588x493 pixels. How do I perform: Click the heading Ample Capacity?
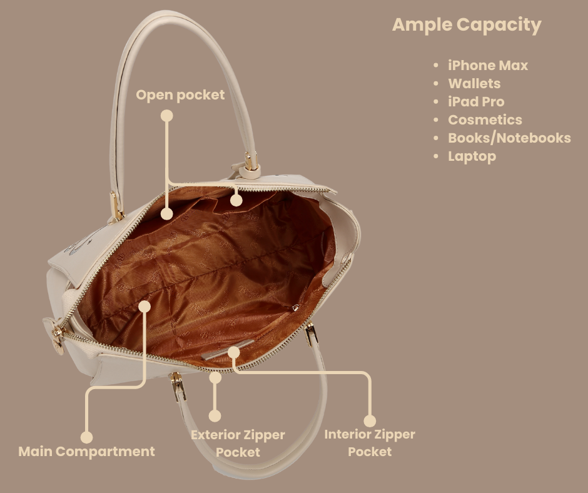tap(466, 25)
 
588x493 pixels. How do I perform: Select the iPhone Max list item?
tap(487, 65)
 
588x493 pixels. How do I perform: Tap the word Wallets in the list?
tap(474, 83)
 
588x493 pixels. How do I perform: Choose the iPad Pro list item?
tap(475, 101)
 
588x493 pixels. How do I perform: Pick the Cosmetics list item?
tap(484, 119)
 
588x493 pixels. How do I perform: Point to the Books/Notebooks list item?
tap(509, 138)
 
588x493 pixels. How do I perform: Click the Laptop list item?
tap(471, 156)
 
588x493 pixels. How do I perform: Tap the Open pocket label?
tap(180, 95)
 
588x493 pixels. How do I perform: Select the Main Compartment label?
tap(86, 451)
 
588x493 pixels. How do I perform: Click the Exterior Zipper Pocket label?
tap(238, 443)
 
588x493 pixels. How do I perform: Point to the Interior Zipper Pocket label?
tap(369, 442)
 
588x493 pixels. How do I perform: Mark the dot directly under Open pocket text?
tap(166, 116)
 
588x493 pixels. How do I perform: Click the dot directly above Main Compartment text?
tap(86, 437)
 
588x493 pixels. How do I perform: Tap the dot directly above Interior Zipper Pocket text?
tap(370, 420)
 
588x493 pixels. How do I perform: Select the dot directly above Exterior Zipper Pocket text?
tap(215, 415)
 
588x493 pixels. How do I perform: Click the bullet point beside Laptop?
tap(436, 156)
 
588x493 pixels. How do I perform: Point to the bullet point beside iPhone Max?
tap(436, 66)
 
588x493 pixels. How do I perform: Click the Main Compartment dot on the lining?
tap(144, 306)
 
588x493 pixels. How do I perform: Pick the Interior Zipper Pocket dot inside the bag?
tap(233, 352)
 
